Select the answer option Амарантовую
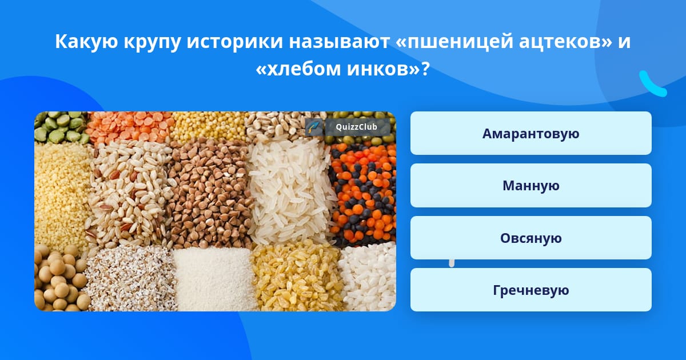[531, 133]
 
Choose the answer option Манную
[531, 186]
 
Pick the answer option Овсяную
[531, 238]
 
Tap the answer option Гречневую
[531, 290]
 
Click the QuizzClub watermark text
[356, 127]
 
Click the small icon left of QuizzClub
[314, 127]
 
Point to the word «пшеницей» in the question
[454, 42]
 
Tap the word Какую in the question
[86, 42]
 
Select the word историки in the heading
[234, 42]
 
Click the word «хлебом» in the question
[298, 70]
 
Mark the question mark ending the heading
[425, 69]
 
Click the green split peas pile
[61, 127]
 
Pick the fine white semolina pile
[214, 279]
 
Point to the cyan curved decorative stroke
[652, 85]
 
